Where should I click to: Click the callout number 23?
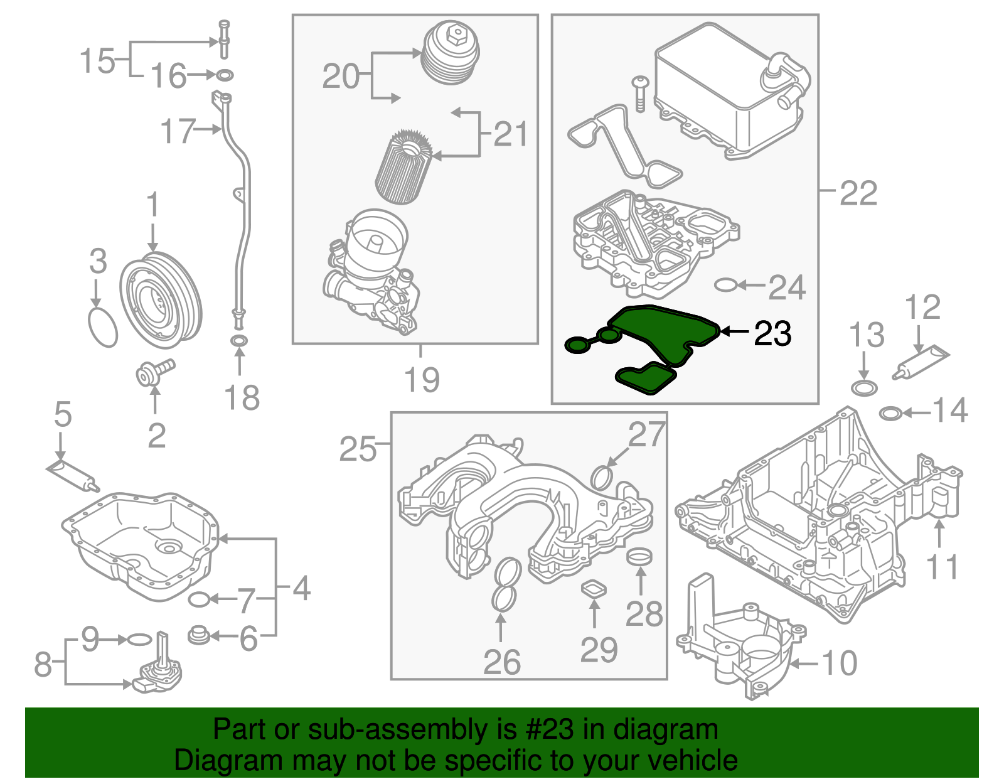point(772,333)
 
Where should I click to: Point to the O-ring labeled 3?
point(103,326)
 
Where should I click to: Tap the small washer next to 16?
point(224,76)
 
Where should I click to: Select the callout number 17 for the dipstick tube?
point(178,131)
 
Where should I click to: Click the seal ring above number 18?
point(239,341)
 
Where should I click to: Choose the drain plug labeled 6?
point(198,635)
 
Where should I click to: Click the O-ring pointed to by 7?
point(199,599)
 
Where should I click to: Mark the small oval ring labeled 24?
point(725,286)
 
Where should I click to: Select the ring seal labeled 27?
point(602,477)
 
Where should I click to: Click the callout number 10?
point(839,663)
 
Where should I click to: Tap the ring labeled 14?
point(890,414)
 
